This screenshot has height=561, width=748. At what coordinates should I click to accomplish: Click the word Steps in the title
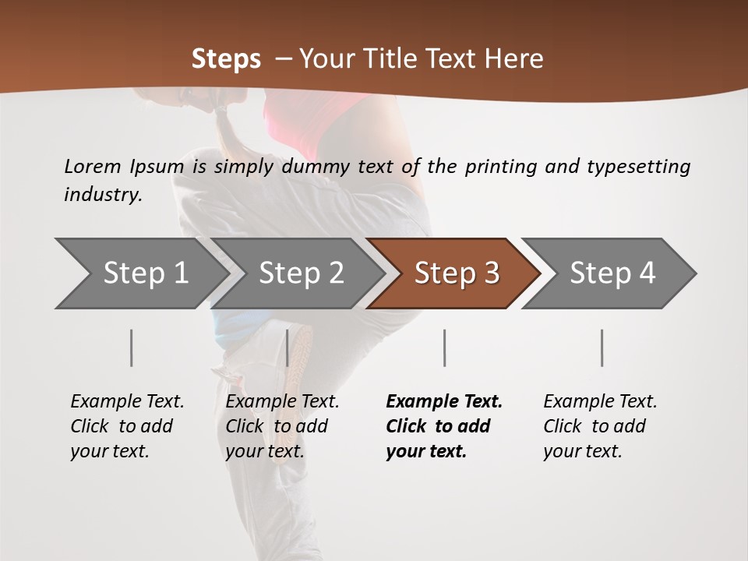click(226, 59)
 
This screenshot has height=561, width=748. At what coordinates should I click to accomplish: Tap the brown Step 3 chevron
click(457, 273)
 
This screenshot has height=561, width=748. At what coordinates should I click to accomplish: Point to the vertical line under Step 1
click(131, 348)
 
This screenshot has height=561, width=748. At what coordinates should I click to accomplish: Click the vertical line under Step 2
click(288, 348)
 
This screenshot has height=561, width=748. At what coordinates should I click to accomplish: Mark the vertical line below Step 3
click(444, 348)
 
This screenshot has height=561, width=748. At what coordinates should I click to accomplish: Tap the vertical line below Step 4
click(602, 348)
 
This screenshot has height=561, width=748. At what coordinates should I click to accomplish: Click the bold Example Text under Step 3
click(444, 426)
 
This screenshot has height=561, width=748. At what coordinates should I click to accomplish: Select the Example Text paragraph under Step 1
click(127, 426)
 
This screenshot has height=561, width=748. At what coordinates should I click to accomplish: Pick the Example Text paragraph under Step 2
click(282, 426)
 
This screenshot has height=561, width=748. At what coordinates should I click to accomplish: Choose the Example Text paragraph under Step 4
click(600, 426)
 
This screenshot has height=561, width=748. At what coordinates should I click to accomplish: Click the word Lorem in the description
click(93, 166)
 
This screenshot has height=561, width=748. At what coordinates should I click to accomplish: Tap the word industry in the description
click(102, 194)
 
